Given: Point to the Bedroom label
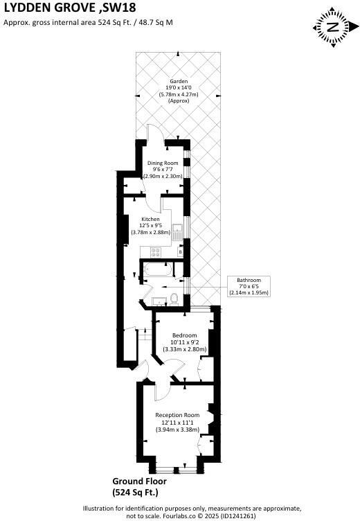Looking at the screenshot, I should (184, 335).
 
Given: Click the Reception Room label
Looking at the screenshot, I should (178, 415).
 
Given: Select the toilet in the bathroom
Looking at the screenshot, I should (174, 298).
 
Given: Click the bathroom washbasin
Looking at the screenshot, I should (159, 300).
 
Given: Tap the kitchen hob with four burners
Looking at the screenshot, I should (177, 230).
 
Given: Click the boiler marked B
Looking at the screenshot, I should (180, 251).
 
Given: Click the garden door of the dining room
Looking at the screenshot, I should (156, 134).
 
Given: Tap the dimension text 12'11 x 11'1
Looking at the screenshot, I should (178, 422).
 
